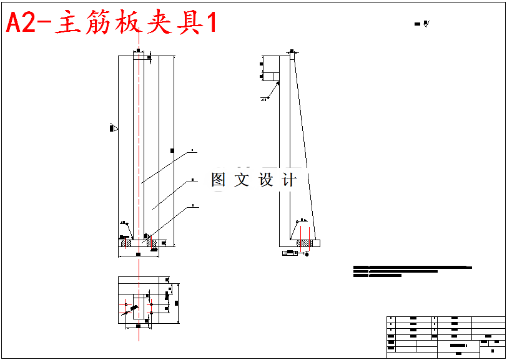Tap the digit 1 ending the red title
(x=210, y=24)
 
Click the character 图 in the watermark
(x=219, y=180)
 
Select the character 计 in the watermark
(x=289, y=180)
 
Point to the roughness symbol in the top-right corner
(x=423, y=24)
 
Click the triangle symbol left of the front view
(x=114, y=129)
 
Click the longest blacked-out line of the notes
(x=412, y=267)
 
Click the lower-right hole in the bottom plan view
(x=151, y=313)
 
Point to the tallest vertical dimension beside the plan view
(x=179, y=303)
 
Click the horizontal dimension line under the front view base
(x=139, y=255)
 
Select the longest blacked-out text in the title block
(x=458, y=345)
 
